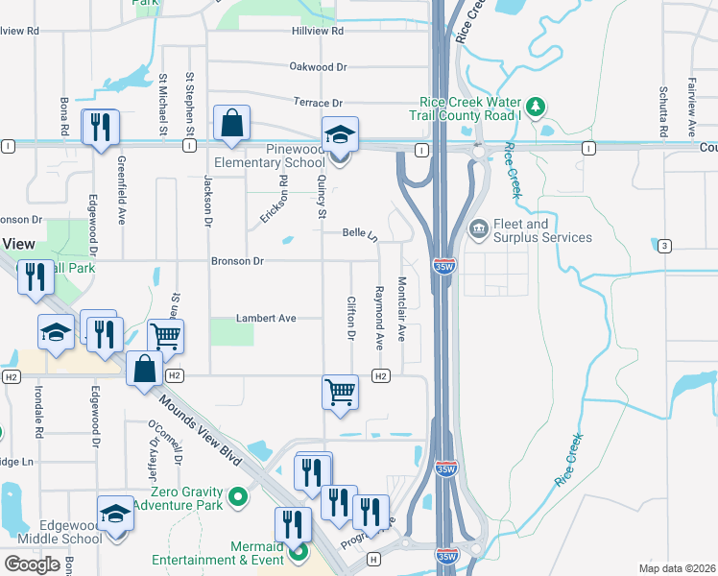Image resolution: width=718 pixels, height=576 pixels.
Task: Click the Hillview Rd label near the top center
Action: point(318,31)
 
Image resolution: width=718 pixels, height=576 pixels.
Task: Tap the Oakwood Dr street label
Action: point(318,67)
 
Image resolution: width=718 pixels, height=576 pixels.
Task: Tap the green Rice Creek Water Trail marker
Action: point(538,104)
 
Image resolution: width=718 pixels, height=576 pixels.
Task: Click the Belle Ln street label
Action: point(360,233)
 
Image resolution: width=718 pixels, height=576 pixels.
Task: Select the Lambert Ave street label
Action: point(267,319)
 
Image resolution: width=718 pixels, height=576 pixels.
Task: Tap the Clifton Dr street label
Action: point(350,317)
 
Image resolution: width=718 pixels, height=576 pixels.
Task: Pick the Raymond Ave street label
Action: point(379,317)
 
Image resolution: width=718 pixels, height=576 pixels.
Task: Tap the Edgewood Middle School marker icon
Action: point(115,515)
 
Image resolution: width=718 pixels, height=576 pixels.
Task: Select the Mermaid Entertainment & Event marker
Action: point(299,552)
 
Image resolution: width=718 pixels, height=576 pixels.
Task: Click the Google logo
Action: point(32,564)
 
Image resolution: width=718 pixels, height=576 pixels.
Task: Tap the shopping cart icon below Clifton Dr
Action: point(341,392)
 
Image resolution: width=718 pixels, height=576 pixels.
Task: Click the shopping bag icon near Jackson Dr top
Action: point(232,123)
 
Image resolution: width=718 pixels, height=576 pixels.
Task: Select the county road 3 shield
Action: point(664,247)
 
